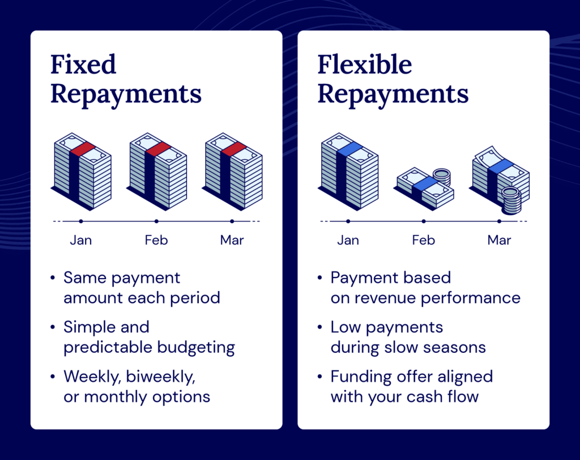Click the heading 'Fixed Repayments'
coord(126,79)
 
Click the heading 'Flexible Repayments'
coord(393,79)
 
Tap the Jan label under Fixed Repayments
coord(81,240)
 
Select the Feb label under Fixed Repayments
coord(156,240)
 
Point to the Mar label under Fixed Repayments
coord(232,240)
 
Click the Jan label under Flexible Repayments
coord(348,240)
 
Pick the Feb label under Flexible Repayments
coord(423,240)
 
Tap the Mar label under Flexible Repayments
coord(499,240)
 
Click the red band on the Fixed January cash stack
coord(82,149)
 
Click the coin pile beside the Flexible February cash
coord(441,177)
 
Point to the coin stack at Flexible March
coord(511,201)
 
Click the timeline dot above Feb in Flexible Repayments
coord(423,221)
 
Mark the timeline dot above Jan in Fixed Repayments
coord(81,221)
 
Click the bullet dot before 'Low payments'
coord(320,328)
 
